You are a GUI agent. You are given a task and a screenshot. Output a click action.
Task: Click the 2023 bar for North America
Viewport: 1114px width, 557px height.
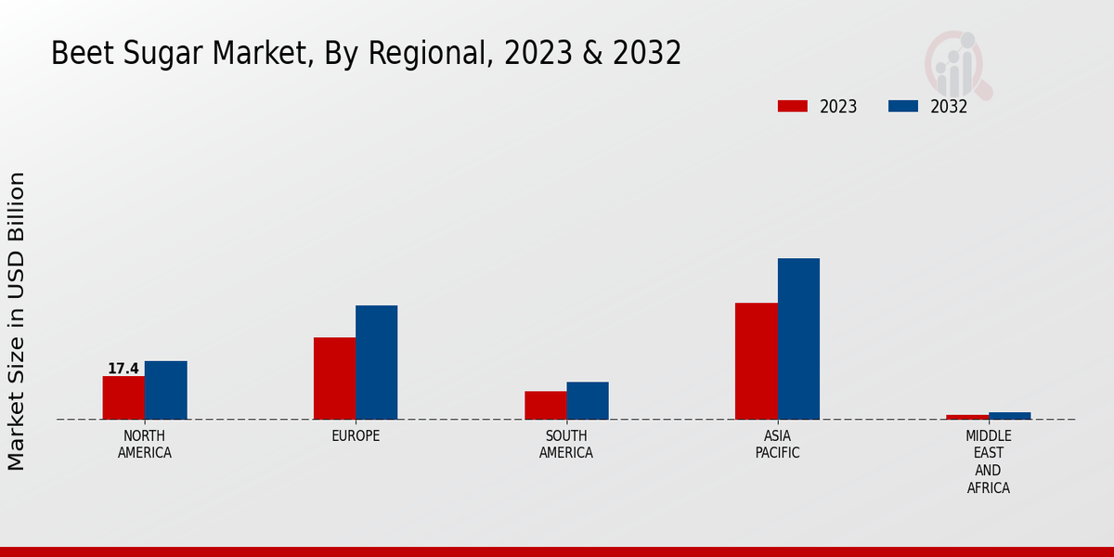(123, 397)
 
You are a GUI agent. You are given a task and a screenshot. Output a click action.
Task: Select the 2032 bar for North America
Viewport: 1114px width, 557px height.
(165, 390)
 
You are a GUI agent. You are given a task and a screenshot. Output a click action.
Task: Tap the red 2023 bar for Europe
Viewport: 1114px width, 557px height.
(334, 378)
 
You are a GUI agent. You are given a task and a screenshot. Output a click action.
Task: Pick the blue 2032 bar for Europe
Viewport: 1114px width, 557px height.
(376, 362)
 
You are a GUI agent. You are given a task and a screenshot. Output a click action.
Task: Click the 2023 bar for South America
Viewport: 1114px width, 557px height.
(545, 405)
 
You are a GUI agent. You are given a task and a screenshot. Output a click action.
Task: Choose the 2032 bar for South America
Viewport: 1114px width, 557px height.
(588, 400)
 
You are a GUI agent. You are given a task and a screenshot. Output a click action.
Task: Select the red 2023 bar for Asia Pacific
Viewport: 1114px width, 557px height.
(756, 361)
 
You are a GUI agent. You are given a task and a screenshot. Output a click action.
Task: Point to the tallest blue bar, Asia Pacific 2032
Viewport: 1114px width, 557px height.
(798, 339)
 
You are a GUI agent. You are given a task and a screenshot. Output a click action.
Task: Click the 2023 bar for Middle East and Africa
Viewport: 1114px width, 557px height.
(967, 417)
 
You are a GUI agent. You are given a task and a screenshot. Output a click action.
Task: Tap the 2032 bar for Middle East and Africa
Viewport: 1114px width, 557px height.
(1010, 416)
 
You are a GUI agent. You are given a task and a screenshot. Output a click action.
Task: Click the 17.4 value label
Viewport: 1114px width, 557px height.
(123, 369)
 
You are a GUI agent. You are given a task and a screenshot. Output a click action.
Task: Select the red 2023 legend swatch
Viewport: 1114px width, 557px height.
(792, 106)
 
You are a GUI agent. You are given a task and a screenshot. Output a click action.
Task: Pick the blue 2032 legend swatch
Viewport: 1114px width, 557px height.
(902, 106)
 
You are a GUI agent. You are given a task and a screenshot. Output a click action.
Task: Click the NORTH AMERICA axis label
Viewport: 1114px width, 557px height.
(145, 445)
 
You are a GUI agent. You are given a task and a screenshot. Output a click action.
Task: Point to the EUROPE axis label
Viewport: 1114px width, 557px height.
(356, 436)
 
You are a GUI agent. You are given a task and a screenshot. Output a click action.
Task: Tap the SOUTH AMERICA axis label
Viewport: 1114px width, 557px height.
(566, 445)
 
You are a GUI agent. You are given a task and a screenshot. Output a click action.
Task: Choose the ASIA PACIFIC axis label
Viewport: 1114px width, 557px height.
(777, 445)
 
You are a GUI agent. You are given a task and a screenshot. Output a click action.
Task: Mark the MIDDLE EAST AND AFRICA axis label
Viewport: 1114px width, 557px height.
(989, 461)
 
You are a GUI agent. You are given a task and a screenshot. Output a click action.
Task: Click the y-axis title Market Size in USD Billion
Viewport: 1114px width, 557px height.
(17, 320)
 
